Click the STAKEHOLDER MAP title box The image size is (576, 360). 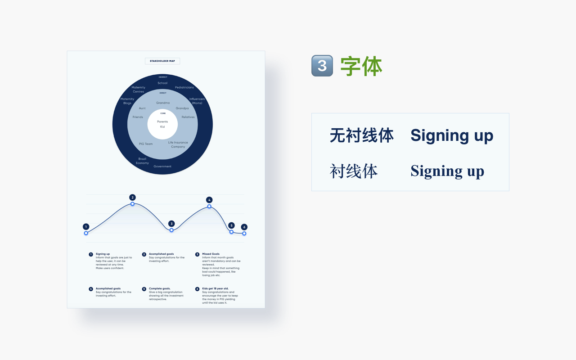[x=162, y=61]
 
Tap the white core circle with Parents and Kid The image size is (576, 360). [x=162, y=124]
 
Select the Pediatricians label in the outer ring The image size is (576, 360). [x=184, y=87]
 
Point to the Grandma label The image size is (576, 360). [x=163, y=103]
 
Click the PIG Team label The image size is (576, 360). [x=146, y=144]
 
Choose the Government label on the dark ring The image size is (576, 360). [x=162, y=166]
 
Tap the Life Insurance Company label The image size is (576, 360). [x=178, y=144]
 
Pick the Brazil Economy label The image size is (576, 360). [x=142, y=161]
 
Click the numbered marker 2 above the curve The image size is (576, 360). [x=132, y=198]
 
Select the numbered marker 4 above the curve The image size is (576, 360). [x=209, y=200]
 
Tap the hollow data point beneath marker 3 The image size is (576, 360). [x=171, y=230]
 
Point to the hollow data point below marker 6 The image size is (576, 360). [x=244, y=234]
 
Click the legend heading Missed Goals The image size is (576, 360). [x=211, y=254]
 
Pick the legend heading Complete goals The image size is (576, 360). [x=159, y=288]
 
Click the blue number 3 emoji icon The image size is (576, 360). [x=322, y=66]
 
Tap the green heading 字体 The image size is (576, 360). [x=361, y=66]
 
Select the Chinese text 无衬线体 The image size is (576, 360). [x=362, y=135]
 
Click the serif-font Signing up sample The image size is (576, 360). [x=447, y=171]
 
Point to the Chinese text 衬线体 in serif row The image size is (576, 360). [x=354, y=171]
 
